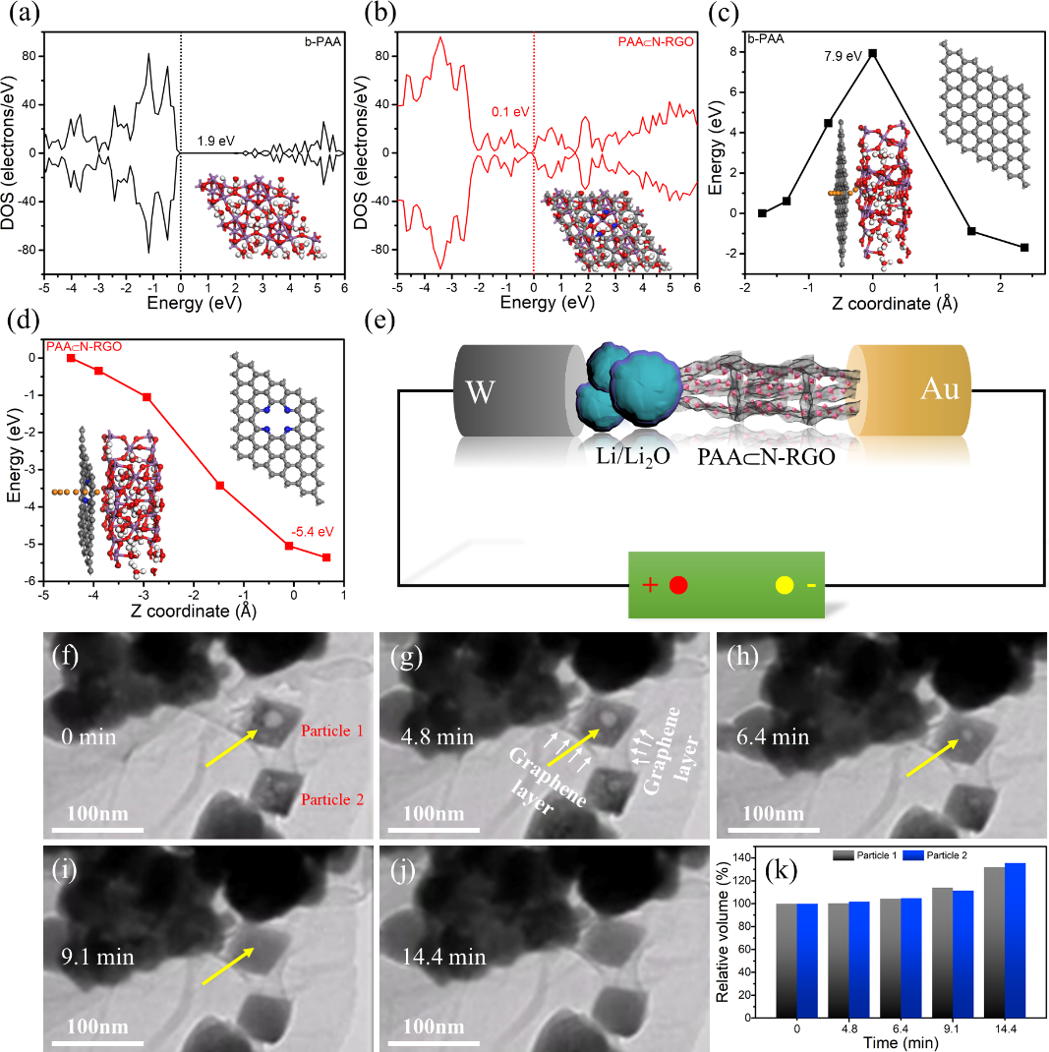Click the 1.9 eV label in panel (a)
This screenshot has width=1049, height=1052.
(x=214, y=141)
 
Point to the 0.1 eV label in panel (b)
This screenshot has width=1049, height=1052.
(x=510, y=112)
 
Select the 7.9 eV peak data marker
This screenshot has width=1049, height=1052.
(x=872, y=53)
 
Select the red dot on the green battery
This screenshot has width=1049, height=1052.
(x=677, y=585)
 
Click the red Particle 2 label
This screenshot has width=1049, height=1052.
(x=333, y=800)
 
